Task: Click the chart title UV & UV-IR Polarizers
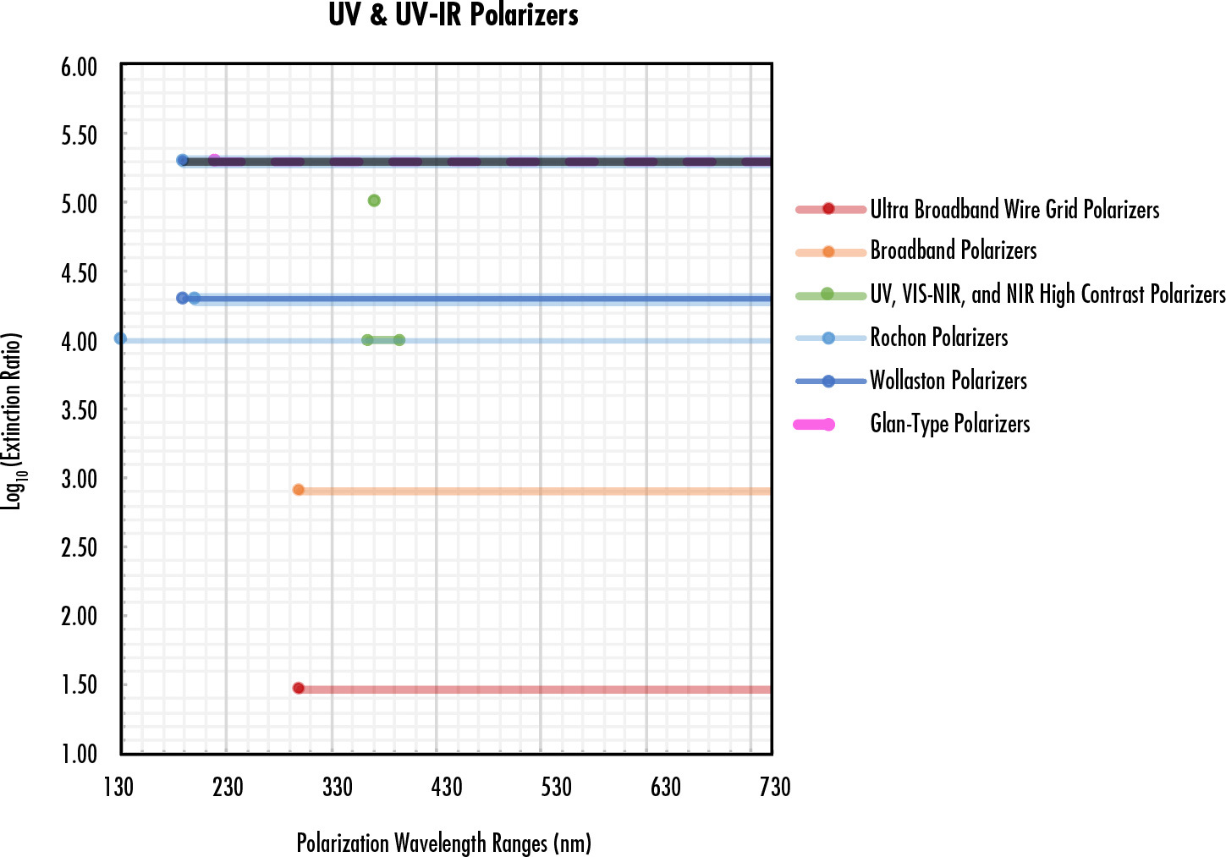453,15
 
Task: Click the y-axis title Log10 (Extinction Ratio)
13,420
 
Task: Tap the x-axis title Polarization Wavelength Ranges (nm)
443,843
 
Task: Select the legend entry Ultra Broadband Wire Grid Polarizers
1014,209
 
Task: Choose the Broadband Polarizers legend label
953,250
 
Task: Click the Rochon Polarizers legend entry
938,338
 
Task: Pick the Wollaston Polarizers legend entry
948,381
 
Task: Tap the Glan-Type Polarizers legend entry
949,424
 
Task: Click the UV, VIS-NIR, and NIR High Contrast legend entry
1047,294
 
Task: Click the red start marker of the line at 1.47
298,689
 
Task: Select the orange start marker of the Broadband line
298,490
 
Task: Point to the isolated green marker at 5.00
374,201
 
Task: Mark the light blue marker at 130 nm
120,339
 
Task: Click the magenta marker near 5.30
214,160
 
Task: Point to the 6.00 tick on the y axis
79,67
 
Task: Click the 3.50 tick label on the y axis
79,410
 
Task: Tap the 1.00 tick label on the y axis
79,754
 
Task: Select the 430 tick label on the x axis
446,788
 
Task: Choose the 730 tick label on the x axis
774,788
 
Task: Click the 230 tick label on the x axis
228,788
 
